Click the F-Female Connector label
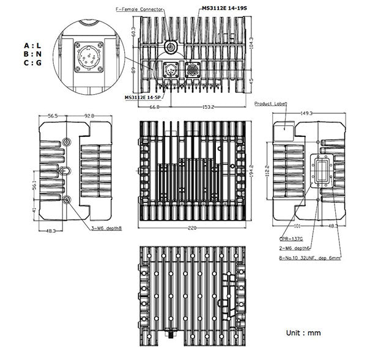tap(140, 10)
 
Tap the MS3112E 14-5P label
tap(143, 97)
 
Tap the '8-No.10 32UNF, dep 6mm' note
tap(310, 258)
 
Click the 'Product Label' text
tap(270, 105)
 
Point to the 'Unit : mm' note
tap(303, 333)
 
